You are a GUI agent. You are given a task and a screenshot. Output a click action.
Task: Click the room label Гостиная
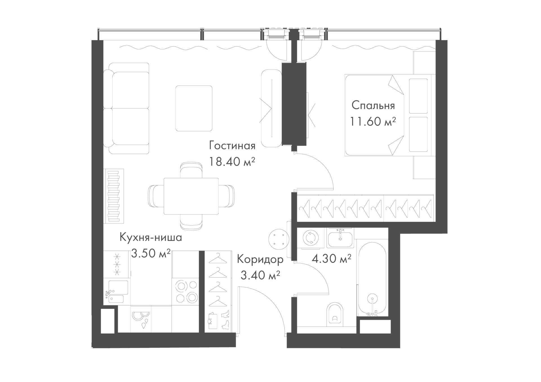tap(232, 146)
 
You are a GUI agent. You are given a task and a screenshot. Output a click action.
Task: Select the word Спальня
tap(373, 106)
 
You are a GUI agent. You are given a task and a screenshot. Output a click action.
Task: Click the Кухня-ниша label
tap(151, 238)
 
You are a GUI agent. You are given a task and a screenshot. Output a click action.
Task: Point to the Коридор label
tap(260, 260)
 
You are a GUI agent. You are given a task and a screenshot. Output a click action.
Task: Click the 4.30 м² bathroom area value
tap(331, 258)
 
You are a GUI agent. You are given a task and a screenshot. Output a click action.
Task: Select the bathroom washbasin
tap(340, 238)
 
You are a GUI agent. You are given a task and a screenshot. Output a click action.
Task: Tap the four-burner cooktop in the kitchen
tap(186, 291)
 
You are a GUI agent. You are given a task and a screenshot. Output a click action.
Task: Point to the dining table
tap(191, 196)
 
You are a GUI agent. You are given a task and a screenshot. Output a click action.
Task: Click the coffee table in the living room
tap(194, 108)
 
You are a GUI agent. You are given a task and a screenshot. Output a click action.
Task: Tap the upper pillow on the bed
tap(418, 96)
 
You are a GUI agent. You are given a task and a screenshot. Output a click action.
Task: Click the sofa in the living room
tap(126, 108)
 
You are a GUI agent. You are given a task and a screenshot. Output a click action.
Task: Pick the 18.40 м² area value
tap(232, 162)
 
